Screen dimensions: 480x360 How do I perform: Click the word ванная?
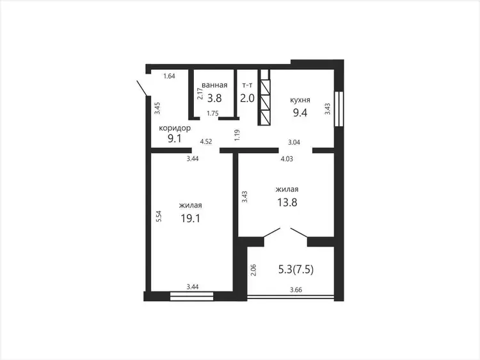[x=214, y=85]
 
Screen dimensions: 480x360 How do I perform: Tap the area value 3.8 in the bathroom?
[x=214, y=98]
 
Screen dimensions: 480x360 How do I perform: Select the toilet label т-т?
[x=247, y=85]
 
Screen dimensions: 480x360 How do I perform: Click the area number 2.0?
[x=247, y=98]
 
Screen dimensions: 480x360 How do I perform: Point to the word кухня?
[x=300, y=100]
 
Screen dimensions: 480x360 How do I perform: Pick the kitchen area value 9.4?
[x=300, y=113]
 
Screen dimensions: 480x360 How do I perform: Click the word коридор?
[x=175, y=128]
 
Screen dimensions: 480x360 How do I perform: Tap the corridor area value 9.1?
[x=175, y=139]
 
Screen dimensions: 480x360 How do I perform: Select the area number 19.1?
[x=191, y=218]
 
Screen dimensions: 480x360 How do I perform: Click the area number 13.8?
[x=287, y=202]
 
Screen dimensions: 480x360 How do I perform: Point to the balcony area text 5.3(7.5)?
[x=296, y=270]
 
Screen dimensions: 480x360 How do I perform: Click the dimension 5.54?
[x=159, y=217]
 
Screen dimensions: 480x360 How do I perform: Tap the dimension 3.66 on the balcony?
[x=296, y=290]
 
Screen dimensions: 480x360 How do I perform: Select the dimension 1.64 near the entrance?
[x=169, y=76]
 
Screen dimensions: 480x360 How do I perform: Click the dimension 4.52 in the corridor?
[x=205, y=142]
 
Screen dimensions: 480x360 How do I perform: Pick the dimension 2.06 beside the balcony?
[x=253, y=270]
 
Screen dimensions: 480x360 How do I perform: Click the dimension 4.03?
[x=287, y=159]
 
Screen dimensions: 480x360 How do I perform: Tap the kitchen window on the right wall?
[x=339, y=109]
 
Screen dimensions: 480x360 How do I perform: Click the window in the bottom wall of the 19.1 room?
[x=191, y=297]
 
